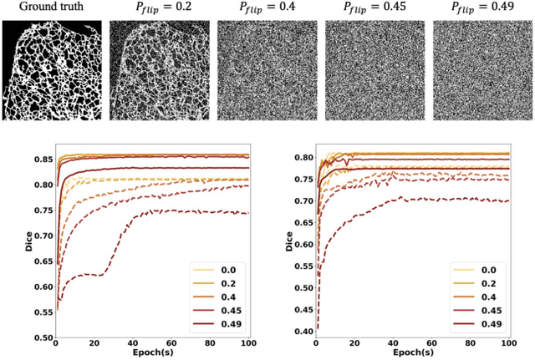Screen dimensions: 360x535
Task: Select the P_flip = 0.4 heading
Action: pos(267,8)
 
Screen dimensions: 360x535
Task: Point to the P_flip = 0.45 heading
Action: pos(374,8)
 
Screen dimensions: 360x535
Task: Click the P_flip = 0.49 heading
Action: pos(481,8)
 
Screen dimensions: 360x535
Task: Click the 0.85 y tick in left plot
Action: pos(37,159)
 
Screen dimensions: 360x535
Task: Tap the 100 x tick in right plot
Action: pos(507,343)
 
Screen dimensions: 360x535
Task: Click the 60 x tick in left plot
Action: pos(171,343)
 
